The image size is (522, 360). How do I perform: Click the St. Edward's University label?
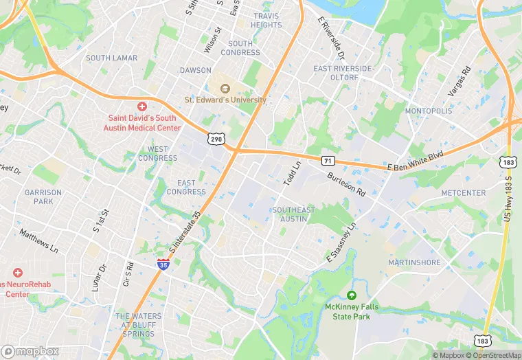coord(225,100)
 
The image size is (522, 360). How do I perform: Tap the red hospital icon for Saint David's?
coord(142,106)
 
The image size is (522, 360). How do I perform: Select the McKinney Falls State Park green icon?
coord(352,295)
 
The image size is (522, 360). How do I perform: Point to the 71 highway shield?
coord(328,160)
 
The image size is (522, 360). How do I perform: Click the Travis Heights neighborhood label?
coord(266,21)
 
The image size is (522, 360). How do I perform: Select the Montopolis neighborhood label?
coord(429,111)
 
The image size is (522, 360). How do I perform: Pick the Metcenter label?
coord(464,193)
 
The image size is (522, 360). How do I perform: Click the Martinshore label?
coord(414,262)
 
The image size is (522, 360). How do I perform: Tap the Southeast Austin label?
coord(293,214)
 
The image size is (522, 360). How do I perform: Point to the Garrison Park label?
coord(43,197)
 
